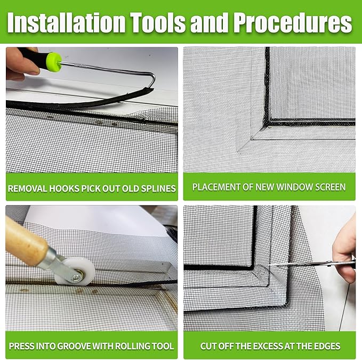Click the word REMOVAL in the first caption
click(29, 187)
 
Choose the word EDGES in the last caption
click(327, 346)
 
